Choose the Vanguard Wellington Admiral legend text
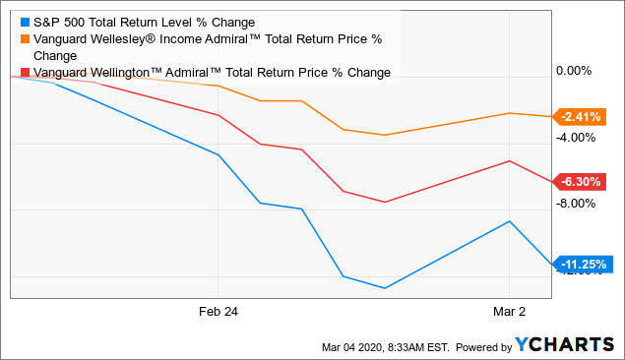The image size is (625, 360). point(212,73)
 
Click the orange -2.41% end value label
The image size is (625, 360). point(580,117)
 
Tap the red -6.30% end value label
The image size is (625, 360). point(580,181)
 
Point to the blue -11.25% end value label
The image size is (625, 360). point(583,264)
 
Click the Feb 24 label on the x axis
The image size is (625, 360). point(219,311)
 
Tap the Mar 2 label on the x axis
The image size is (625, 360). point(509,311)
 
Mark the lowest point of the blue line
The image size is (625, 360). point(385,288)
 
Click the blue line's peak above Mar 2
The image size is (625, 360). point(509,221)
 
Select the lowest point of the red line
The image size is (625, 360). point(385,202)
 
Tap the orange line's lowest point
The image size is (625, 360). point(385,135)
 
